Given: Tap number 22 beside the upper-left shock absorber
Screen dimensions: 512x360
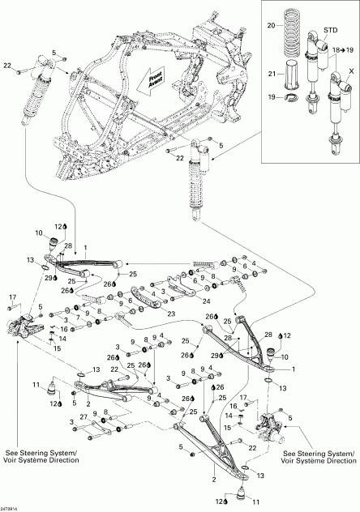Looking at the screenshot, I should pos(9,64).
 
